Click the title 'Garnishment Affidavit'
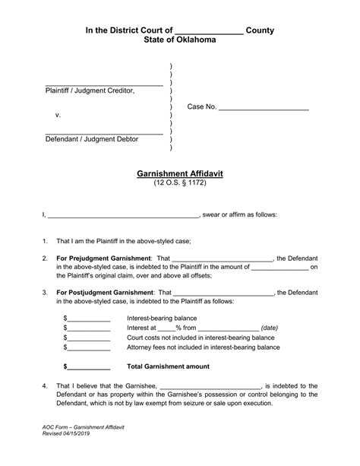pos(180,173)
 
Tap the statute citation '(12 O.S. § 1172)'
pos(180,184)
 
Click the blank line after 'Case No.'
pos(264,108)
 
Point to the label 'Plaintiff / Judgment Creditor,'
pos(90,90)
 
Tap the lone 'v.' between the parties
pos(58,115)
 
